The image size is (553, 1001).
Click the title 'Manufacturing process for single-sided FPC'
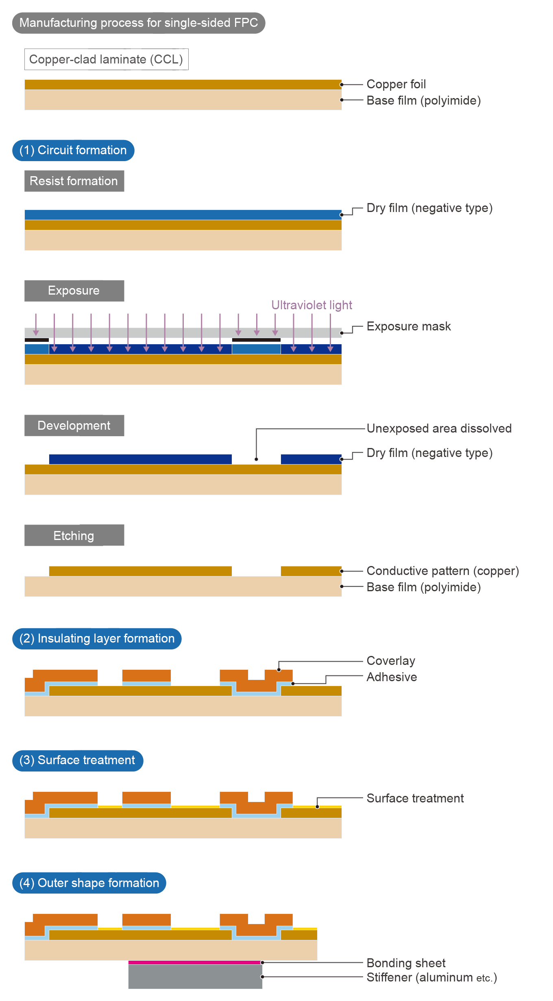(x=139, y=23)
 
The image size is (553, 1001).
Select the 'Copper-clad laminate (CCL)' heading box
(x=106, y=59)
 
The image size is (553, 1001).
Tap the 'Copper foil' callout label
(x=396, y=84)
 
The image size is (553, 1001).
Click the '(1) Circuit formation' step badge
(x=73, y=150)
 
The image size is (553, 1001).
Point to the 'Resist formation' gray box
(x=74, y=181)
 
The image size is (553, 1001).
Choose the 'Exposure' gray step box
(x=74, y=291)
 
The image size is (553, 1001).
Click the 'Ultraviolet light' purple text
(x=311, y=305)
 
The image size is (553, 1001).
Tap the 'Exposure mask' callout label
(x=409, y=326)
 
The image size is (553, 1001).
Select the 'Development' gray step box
(x=74, y=426)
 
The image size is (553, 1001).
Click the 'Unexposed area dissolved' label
(x=439, y=428)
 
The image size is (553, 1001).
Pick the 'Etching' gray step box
(x=74, y=535)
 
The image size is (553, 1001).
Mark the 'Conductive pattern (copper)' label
(x=442, y=571)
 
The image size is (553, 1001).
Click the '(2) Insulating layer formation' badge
(x=97, y=638)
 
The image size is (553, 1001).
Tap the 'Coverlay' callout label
(x=391, y=661)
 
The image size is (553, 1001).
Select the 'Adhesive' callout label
(x=392, y=677)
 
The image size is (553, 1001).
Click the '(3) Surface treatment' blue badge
(x=77, y=760)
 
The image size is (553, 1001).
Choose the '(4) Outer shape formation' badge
(x=89, y=883)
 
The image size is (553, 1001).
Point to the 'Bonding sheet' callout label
(x=406, y=963)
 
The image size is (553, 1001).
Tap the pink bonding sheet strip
(x=195, y=962)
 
